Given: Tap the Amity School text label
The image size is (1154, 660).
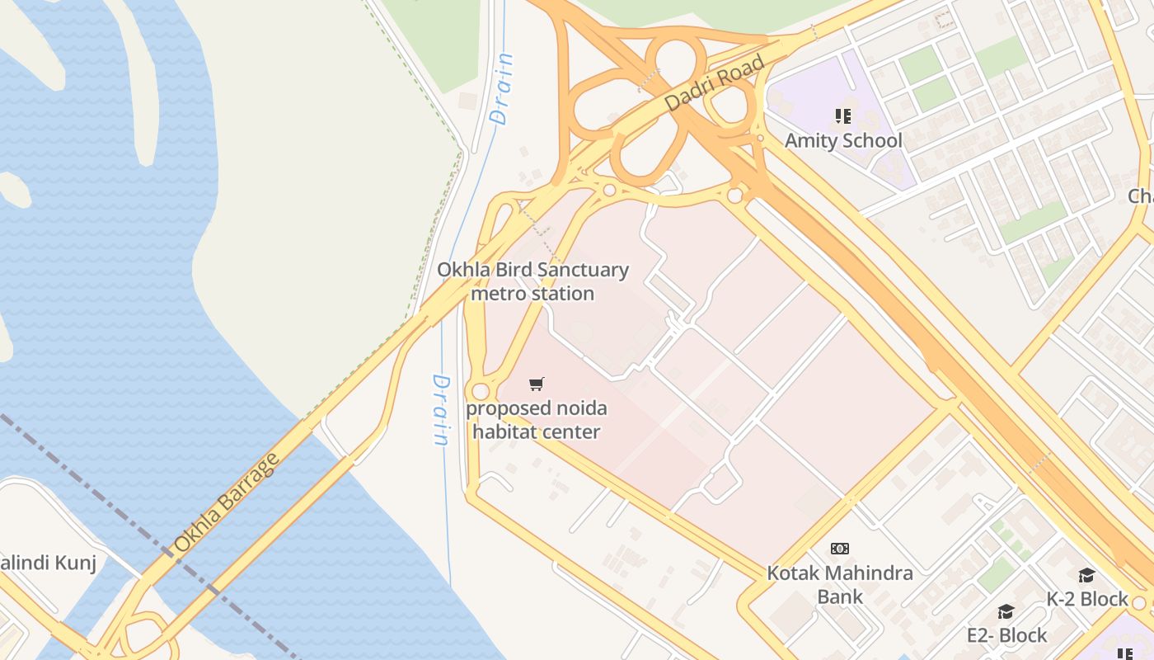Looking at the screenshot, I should click(843, 140).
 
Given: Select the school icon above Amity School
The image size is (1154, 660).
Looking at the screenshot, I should click(842, 116).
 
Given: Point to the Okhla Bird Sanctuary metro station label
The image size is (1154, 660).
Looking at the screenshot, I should click(532, 281).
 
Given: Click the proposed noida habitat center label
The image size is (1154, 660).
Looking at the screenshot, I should click(536, 420).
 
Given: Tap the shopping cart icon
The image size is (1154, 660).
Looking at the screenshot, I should click(537, 384).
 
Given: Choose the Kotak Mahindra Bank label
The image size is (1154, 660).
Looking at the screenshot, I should click(840, 584).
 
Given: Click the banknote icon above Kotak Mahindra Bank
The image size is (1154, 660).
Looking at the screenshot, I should click(840, 549).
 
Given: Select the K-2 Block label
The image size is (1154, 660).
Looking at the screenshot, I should click(1087, 599).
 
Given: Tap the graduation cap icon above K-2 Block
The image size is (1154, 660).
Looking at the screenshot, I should click(1087, 575).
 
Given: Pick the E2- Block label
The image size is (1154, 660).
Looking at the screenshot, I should click(1006, 635).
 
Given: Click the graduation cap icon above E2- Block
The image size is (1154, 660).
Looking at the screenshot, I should click(1006, 611).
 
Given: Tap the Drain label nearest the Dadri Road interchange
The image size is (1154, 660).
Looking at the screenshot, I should click(502, 88).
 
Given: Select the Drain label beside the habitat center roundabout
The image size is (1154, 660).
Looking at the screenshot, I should click(442, 410).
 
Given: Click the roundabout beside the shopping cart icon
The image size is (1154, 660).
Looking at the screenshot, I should click(481, 391).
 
